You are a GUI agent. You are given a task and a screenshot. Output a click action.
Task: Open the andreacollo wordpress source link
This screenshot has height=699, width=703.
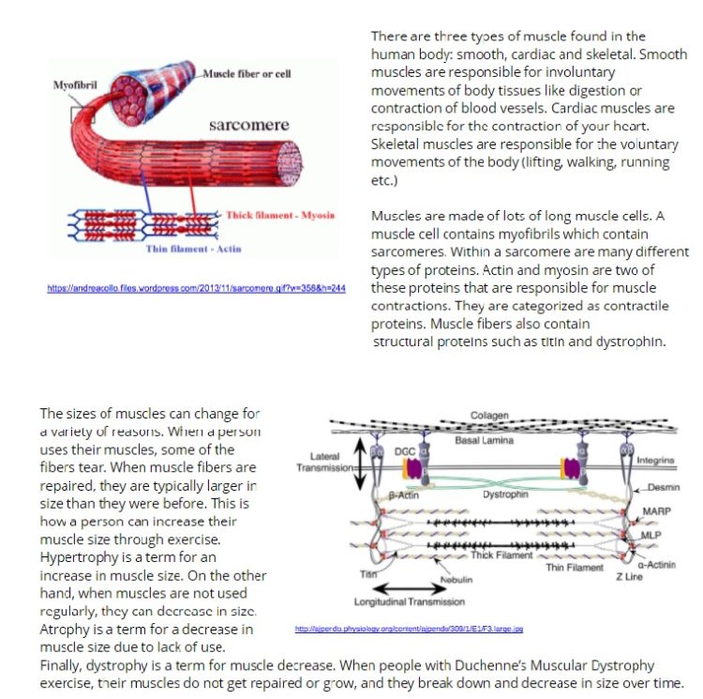pos(196,288)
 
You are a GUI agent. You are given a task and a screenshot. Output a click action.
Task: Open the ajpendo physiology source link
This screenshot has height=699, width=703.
pos(409,629)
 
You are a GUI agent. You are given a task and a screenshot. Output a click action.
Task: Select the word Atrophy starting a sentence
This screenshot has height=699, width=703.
pos(67,628)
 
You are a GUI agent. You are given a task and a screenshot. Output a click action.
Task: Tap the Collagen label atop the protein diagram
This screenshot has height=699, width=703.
pos(489,416)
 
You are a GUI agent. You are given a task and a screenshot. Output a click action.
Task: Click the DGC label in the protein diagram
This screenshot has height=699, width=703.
pos(404,452)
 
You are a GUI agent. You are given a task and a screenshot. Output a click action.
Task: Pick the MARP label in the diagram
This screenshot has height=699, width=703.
pos(656,512)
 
